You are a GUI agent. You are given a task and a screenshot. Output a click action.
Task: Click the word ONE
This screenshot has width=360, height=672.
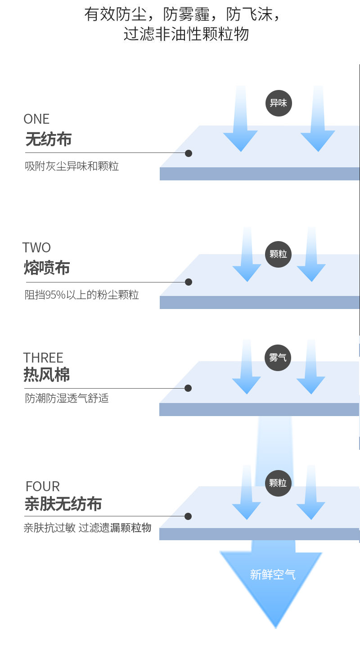[x=36, y=119]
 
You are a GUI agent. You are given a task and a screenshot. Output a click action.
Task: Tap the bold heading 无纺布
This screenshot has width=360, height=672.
[x=49, y=139]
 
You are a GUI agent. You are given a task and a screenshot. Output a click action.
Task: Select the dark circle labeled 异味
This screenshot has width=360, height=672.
[x=279, y=103]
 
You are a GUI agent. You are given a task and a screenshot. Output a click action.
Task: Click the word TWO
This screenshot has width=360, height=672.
[x=36, y=248]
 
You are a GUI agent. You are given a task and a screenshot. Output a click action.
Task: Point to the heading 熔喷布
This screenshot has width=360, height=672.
[x=47, y=268]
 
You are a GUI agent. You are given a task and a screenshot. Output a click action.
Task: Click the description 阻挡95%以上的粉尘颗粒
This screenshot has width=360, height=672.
[x=81, y=295]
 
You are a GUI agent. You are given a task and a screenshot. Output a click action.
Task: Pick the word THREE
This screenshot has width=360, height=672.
[x=43, y=358]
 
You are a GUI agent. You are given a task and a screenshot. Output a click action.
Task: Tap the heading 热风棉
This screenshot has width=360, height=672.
[x=47, y=375]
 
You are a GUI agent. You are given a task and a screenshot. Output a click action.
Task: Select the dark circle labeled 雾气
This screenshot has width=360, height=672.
[x=278, y=358]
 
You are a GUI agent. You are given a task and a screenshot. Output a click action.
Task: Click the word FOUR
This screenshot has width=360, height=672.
[x=43, y=487]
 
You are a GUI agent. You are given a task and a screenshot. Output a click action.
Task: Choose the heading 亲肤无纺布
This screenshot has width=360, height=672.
[x=63, y=504]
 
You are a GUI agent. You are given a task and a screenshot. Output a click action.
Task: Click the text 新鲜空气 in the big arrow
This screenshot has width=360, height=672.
[x=273, y=574]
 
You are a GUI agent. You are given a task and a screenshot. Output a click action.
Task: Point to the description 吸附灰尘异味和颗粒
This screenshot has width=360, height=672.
[x=72, y=166]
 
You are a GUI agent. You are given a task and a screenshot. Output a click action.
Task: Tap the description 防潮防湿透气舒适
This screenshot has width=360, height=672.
[x=67, y=399]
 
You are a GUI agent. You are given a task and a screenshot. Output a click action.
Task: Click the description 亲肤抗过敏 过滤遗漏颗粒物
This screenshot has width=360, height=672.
[x=87, y=528]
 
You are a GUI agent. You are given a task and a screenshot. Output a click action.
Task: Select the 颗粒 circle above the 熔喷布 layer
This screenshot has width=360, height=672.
[x=278, y=254]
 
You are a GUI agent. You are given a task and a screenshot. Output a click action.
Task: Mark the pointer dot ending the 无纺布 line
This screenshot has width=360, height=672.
[x=189, y=153]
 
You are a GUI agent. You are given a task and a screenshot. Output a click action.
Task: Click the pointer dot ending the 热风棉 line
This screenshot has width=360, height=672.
[x=188, y=388]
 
